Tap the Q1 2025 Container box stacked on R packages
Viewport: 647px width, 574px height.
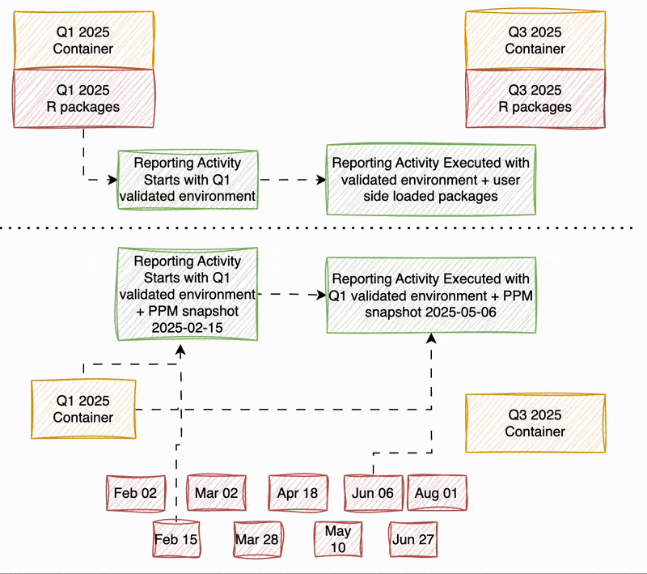(83, 40)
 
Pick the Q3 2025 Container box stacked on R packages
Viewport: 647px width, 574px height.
(535, 40)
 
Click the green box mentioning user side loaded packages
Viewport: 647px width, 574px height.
(430, 180)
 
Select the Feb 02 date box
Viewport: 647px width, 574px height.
(135, 492)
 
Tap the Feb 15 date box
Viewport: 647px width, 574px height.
(177, 539)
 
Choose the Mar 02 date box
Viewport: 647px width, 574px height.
(215, 492)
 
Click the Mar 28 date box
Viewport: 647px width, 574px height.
(257, 539)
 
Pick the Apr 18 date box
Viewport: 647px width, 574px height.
(298, 492)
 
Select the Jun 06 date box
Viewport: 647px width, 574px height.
(373, 492)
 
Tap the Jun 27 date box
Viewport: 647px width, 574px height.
(414, 539)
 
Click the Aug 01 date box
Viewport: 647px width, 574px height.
(437, 492)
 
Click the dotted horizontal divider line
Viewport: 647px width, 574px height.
(323, 229)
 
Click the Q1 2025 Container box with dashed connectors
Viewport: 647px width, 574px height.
(83, 409)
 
